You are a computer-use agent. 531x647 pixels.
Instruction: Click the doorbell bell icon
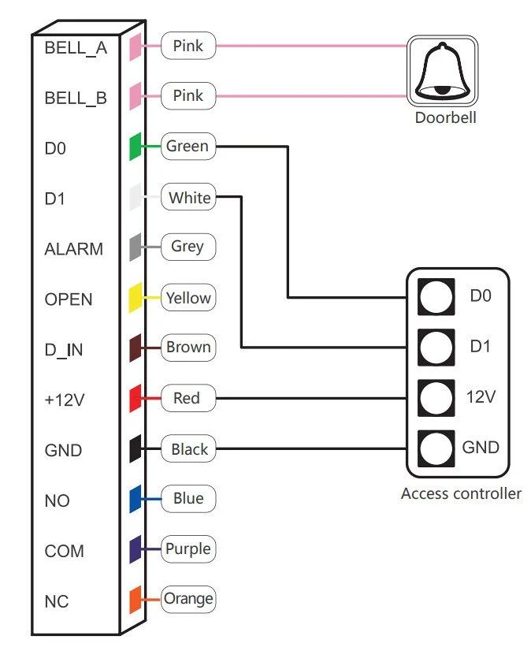(x=442, y=71)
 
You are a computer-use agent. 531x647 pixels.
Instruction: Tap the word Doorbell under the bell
(x=446, y=117)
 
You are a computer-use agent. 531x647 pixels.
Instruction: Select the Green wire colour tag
(x=188, y=146)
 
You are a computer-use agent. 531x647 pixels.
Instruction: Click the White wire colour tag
(x=188, y=197)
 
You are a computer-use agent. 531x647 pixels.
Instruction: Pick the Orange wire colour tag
(x=188, y=599)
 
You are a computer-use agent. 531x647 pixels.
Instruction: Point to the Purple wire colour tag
(x=188, y=548)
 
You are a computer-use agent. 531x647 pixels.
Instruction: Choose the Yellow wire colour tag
(x=188, y=298)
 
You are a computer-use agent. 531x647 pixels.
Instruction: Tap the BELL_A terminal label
(x=76, y=48)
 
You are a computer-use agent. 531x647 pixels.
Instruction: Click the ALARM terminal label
(x=74, y=249)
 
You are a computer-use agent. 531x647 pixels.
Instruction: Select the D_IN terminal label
(x=64, y=350)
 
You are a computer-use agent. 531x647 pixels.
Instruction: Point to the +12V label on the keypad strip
(x=65, y=400)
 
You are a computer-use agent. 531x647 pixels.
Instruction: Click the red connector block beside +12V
(x=136, y=398)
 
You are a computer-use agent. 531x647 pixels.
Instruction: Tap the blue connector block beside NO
(x=136, y=499)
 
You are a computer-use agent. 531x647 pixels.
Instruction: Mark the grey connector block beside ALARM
(x=136, y=247)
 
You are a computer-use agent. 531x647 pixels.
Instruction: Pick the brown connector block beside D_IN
(x=136, y=348)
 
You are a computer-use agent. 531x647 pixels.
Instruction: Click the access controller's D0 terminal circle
(x=436, y=296)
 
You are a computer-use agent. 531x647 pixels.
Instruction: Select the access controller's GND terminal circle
(x=436, y=448)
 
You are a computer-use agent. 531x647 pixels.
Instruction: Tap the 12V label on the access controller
(x=481, y=397)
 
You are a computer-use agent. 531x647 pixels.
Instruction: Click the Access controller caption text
(x=461, y=493)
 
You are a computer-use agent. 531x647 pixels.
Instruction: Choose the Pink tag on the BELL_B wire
(x=188, y=95)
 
